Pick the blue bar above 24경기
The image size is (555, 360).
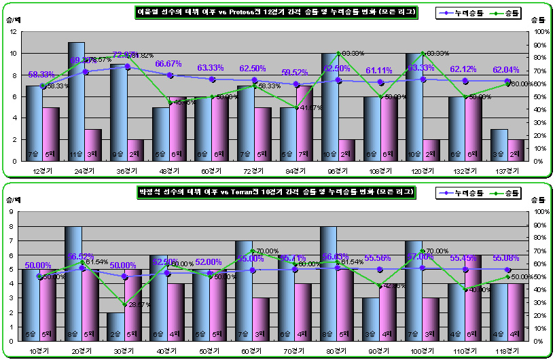(x=76, y=102)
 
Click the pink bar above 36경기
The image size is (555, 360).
(x=136, y=150)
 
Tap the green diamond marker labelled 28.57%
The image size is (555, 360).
(x=124, y=304)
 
